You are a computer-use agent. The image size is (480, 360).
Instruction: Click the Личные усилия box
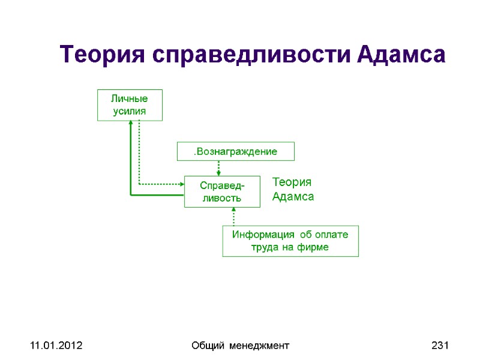pyautogui.click(x=130, y=105)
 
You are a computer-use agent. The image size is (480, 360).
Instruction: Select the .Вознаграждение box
pyautogui.click(x=235, y=151)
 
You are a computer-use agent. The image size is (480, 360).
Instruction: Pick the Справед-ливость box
pyautogui.click(x=222, y=191)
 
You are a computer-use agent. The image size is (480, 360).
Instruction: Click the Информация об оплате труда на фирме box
pyautogui.click(x=290, y=241)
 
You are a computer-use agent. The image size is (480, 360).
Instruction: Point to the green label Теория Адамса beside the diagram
pyautogui.click(x=293, y=189)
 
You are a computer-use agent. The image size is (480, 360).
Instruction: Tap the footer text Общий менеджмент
pyautogui.click(x=239, y=346)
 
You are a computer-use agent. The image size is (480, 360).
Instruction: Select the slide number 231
pyautogui.click(x=440, y=346)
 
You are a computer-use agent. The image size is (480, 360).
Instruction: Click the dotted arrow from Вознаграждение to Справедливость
pyautogui.click(x=218, y=167)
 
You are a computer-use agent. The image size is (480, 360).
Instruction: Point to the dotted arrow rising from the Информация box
pyautogui.click(x=233, y=217)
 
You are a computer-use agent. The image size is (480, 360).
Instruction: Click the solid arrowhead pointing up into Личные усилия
pyautogui.click(x=130, y=125)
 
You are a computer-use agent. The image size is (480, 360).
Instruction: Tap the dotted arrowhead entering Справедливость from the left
pyautogui.click(x=181, y=184)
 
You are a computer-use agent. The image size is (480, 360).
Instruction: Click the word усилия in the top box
pyautogui.click(x=130, y=111)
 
